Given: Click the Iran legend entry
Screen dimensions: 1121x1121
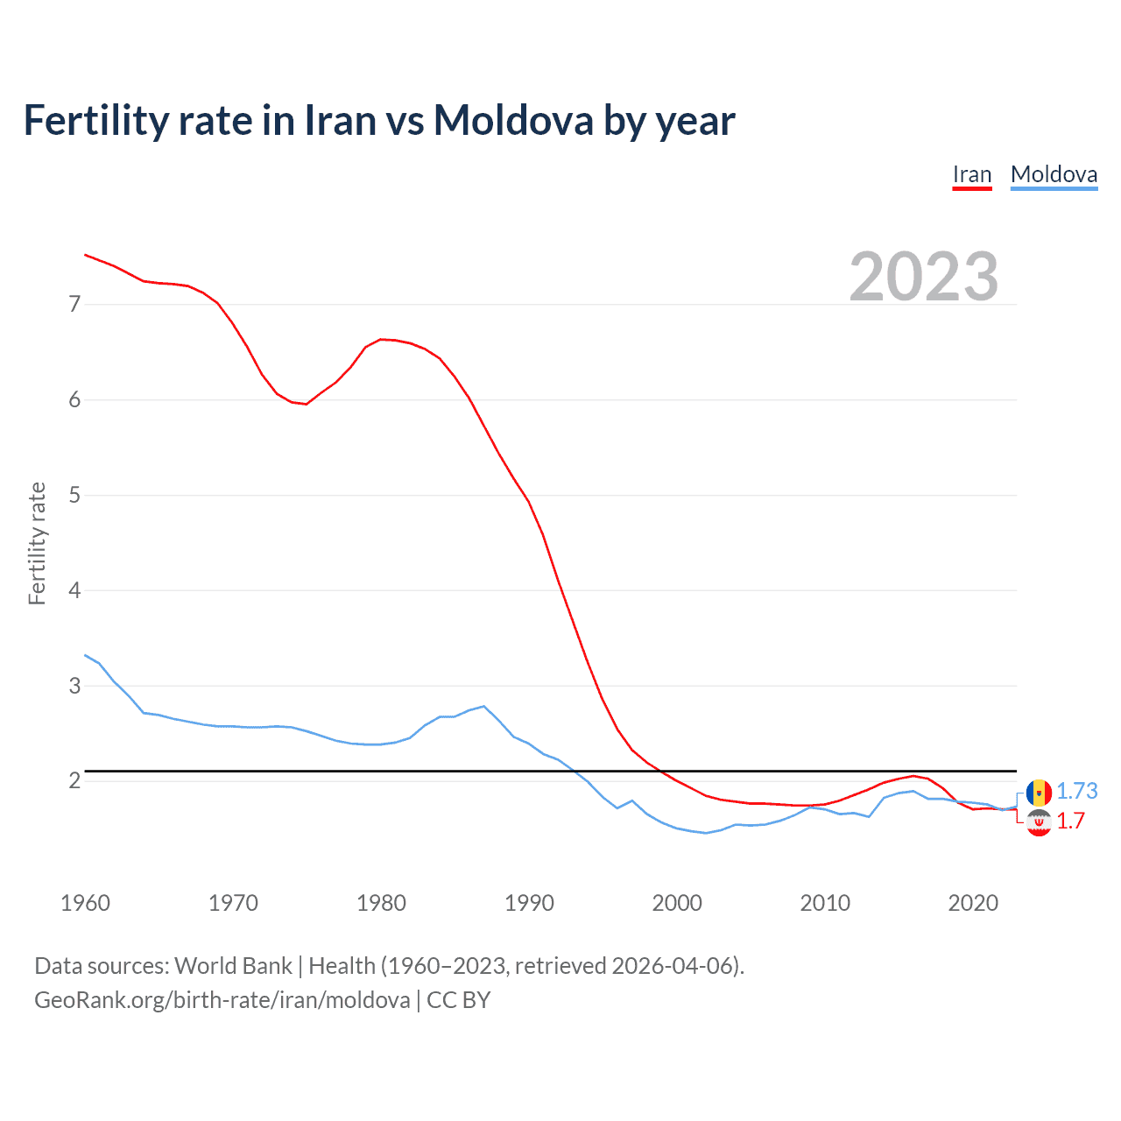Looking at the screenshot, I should coord(972,174).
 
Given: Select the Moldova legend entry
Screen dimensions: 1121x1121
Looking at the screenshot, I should coord(1054,174).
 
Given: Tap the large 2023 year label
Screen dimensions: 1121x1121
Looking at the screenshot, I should coord(923,277).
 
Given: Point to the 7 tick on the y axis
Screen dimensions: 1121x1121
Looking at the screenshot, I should coord(74,305).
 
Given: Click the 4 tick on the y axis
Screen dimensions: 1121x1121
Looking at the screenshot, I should coord(74,590).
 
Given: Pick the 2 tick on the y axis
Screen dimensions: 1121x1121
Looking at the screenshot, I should coord(74,780).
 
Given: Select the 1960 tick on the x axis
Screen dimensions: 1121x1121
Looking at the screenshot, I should coord(85,903).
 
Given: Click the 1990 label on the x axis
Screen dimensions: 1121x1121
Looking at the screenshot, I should coord(529,903).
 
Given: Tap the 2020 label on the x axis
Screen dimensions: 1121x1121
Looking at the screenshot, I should coord(973,903).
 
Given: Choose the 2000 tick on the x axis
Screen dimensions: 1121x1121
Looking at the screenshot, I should coord(677,903).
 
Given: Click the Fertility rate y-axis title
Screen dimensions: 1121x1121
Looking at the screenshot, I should coord(37,543).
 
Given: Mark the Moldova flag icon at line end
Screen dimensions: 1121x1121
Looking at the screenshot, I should coord(1039,793).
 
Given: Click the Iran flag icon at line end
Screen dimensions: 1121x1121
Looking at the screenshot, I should coord(1039,822).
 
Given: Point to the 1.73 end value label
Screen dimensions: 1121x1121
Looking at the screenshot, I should coord(1076,792).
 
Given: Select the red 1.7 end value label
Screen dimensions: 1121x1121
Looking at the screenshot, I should coord(1070,821).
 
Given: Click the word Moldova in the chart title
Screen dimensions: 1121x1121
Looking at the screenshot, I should coord(513,121).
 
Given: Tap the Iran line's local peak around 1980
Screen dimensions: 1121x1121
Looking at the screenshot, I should coord(381,339).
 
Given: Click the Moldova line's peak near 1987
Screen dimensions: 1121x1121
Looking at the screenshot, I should coord(483,706).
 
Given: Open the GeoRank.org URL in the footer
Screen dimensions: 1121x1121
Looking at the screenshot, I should coord(222,1000).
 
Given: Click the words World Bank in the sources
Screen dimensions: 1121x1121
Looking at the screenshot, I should coord(233,966).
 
